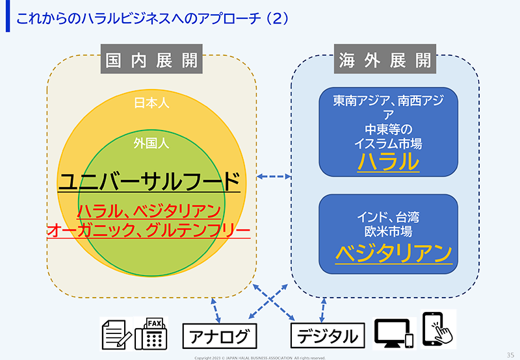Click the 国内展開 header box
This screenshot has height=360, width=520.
pyautogui.click(x=151, y=59)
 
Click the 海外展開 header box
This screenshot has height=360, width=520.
pyautogui.click(x=385, y=59)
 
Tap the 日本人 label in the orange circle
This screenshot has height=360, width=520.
pyautogui.click(x=151, y=103)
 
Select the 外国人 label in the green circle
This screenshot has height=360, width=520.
pyautogui.click(x=151, y=143)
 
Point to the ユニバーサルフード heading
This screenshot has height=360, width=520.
pyautogui.click(x=149, y=181)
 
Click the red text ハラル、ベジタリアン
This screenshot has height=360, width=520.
pyautogui.click(x=149, y=211)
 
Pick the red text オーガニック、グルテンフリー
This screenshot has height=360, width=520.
pyautogui.click(x=149, y=231)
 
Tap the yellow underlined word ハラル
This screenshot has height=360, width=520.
pyautogui.click(x=388, y=162)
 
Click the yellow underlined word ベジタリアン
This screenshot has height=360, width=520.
pyautogui.click(x=394, y=253)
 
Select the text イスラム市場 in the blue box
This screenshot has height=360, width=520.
pyautogui.click(x=388, y=144)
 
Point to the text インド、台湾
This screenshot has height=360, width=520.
pyautogui.click(x=388, y=218)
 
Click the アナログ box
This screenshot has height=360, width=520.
pyautogui.click(x=220, y=336)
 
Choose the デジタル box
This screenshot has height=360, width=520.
pyautogui.click(x=328, y=336)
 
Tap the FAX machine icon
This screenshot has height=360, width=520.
pyautogui.click(x=151, y=334)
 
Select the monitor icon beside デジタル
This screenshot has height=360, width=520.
pyautogui.click(x=394, y=333)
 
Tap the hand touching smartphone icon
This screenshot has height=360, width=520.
pyautogui.click(x=438, y=329)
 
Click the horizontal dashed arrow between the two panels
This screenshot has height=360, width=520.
pyautogui.click(x=274, y=177)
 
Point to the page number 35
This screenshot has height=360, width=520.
pyautogui.click(x=510, y=355)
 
